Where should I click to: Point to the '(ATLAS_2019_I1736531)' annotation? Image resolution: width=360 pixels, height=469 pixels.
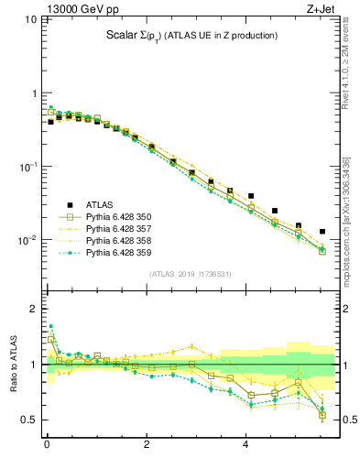(x=191, y=274)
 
